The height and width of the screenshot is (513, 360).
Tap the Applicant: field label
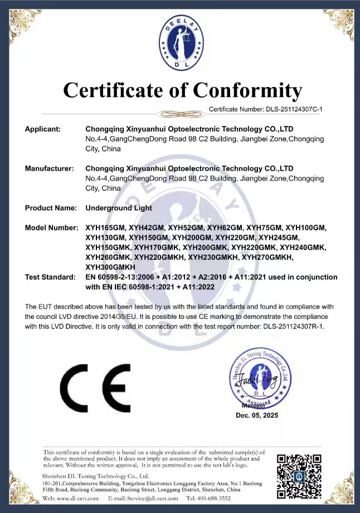pyautogui.click(x=42, y=129)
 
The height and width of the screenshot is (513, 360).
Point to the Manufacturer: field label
pyautogui.click(x=49, y=168)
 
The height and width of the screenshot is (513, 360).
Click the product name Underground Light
pyautogui.click(x=119, y=208)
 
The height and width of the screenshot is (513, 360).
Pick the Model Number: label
pyautogui.click(x=51, y=228)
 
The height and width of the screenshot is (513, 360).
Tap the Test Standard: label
pyautogui.click(x=50, y=277)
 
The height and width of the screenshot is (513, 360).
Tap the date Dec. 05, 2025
pyautogui.click(x=256, y=415)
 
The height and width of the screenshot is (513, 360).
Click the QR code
pyautogui.click(x=299, y=475)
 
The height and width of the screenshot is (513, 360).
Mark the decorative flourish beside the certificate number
pyautogui.click(x=180, y=113)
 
